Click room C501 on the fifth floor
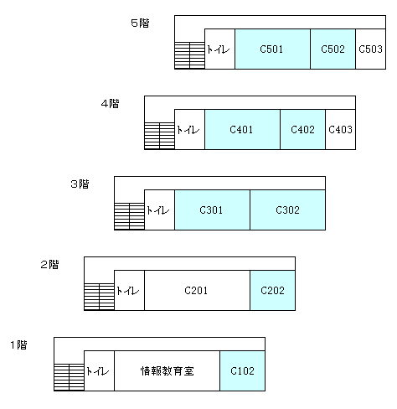pos(272,49)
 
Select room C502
pos(333,49)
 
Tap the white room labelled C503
pos(371,49)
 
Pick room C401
pos(242,129)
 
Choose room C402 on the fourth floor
pos(302,129)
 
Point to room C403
pos(341,129)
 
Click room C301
pos(212,210)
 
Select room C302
pos(287,210)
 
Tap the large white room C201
pos(197,290)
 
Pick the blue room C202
pos(272,290)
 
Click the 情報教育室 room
pos(167,370)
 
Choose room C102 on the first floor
pos(242,370)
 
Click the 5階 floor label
pos(140,23)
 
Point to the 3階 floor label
pos(80,184)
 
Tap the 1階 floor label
pos(19,344)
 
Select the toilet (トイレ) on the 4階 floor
pos(189,129)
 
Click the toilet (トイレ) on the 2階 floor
pos(129,290)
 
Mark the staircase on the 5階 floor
pos(189,55)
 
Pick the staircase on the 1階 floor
pos(69,377)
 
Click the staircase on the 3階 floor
pos(129,216)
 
